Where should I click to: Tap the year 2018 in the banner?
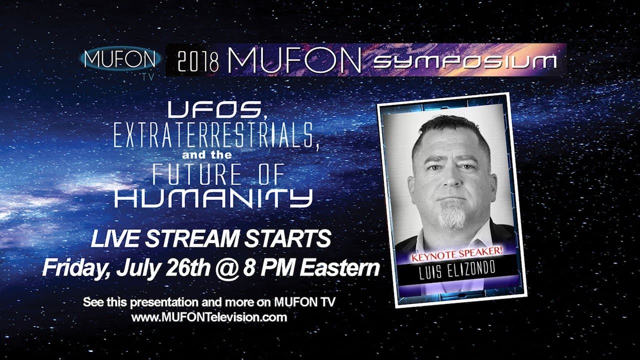(197, 62)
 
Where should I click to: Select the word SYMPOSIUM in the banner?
(465, 61)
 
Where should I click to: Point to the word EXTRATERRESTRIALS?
(216, 137)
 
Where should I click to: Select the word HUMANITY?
(213, 198)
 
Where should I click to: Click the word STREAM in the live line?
(191, 238)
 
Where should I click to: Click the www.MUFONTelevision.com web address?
(209, 317)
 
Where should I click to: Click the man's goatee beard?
(452, 214)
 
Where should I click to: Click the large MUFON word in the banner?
(294, 60)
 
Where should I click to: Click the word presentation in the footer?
(164, 303)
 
